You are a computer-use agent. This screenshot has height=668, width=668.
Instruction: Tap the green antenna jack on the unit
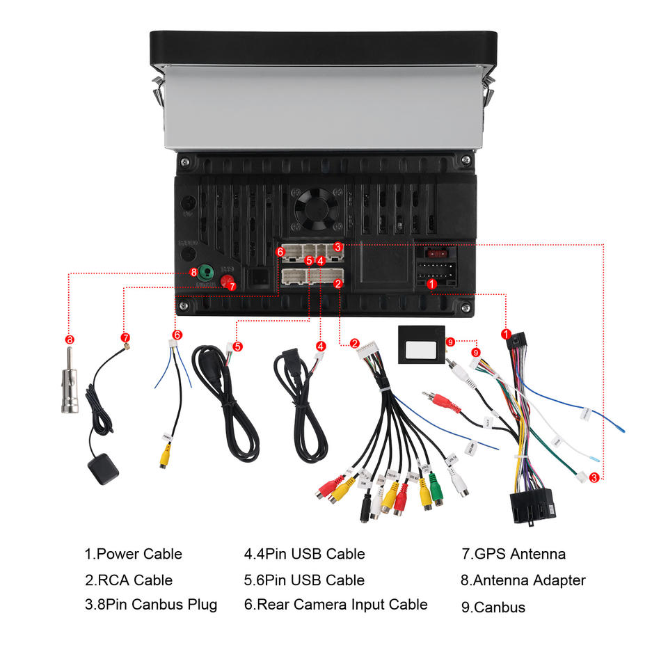[206, 272]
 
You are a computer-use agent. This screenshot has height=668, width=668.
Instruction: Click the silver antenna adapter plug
[70, 390]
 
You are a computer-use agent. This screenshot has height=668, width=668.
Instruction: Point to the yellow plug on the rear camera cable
[164, 456]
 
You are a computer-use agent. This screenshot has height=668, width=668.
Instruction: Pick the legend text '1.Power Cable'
[133, 554]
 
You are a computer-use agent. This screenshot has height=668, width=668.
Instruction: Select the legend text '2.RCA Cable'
[128, 580]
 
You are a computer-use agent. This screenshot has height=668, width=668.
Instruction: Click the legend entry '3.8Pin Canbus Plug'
[150, 604]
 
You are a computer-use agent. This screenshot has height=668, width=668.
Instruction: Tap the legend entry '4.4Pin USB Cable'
[304, 554]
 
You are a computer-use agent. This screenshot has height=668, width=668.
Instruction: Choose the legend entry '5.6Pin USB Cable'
[304, 580]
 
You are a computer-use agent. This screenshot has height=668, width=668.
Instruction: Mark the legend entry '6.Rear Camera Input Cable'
[335, 604]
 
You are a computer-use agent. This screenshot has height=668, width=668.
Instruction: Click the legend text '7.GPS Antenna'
[514, 554]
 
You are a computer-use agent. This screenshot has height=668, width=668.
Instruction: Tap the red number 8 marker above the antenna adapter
[69, 340]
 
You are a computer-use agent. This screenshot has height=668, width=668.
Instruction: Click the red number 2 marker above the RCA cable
[354, 342]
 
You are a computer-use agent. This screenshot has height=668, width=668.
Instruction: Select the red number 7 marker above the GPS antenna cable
[125, 338]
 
